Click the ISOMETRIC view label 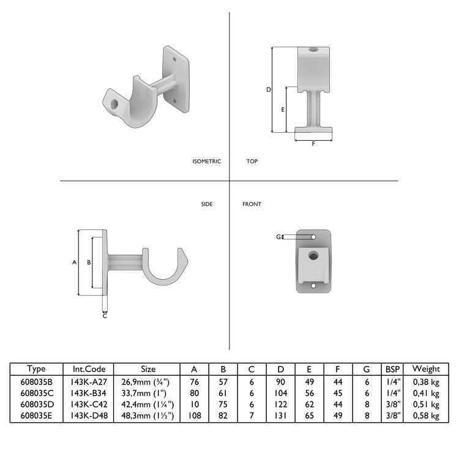point(206,162)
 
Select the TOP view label point(252,162)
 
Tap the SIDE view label point(207,204)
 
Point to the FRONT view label point(252,204)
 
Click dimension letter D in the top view point(268,90)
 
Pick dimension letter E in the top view point(282,110)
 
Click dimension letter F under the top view point(314,144)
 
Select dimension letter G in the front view point(277,236)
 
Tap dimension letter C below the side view point(105,316)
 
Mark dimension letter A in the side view point(74,262)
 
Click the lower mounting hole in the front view point(313,285)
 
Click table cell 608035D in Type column point(37,404)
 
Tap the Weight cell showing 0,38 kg point(426,381)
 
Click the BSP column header point(392,369)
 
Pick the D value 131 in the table point(280,416)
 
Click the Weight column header point(426,369)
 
